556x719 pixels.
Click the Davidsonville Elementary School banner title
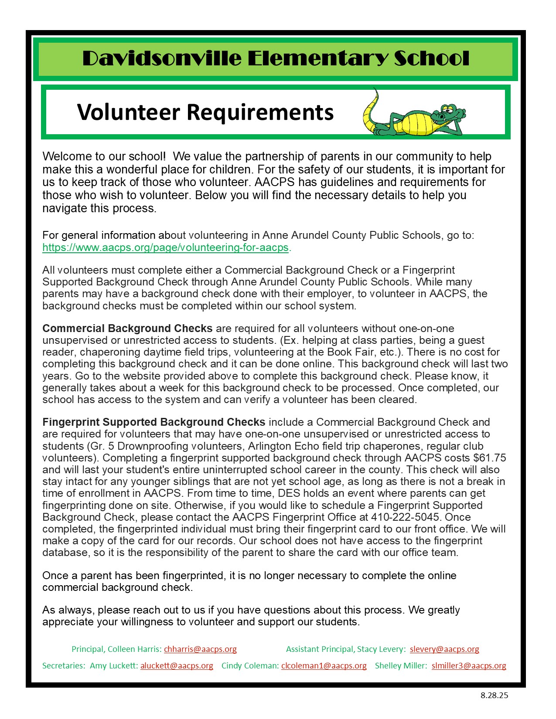coord(276,59)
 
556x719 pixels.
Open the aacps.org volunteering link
coord(165,248)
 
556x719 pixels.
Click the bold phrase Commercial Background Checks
coord(127,328)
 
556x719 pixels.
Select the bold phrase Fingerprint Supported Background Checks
coord(153,422)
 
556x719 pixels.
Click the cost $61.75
coord(489,458)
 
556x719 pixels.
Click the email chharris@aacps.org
coord(200,649)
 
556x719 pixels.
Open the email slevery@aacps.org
coord(444,649)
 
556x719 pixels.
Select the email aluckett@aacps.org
coord(177,665)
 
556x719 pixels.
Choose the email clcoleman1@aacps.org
coord(324,665)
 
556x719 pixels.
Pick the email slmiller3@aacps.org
coord(469,665)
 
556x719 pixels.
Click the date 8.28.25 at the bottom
coord(494,695)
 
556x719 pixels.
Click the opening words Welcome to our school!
coord(104,156)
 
